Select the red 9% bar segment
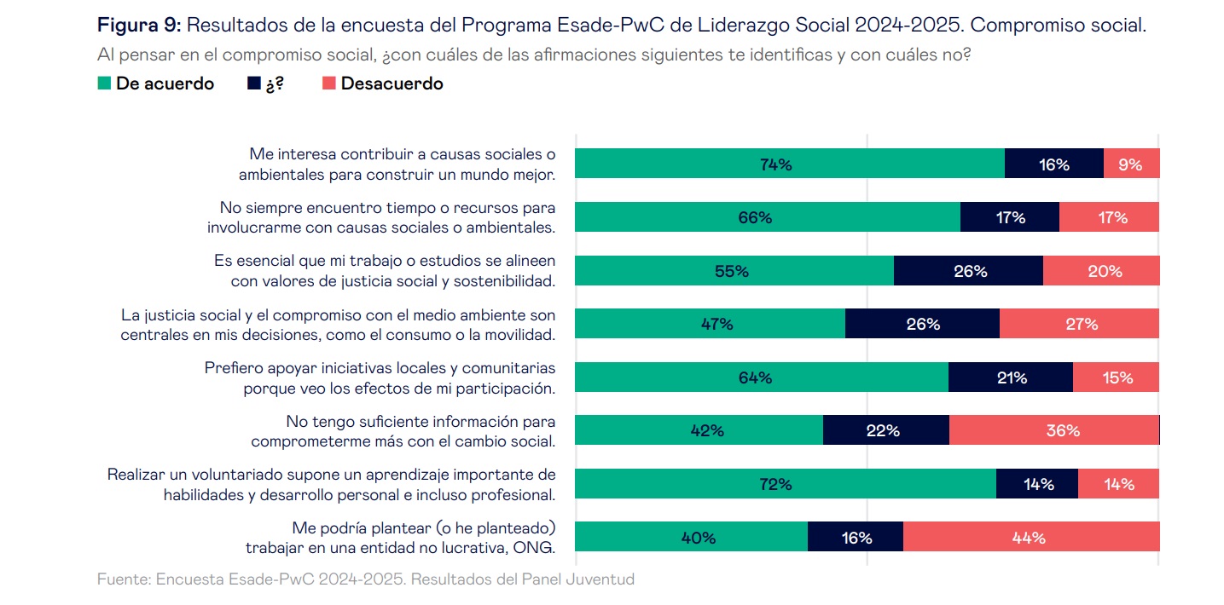(1131, 164)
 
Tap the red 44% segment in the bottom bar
(1030, 538)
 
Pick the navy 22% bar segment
(885, 430)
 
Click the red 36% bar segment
(1053, 430)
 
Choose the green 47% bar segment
(710, 324)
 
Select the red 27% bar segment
(1079, 324)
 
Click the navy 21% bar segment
(1010, 377)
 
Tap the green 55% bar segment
(734, 271)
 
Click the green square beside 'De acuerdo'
(104, 84)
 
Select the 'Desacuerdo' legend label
(392, 84)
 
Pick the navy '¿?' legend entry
(264, 84)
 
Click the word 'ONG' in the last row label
(537, 547)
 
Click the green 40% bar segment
(691, 538)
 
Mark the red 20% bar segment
(1100, 271)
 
